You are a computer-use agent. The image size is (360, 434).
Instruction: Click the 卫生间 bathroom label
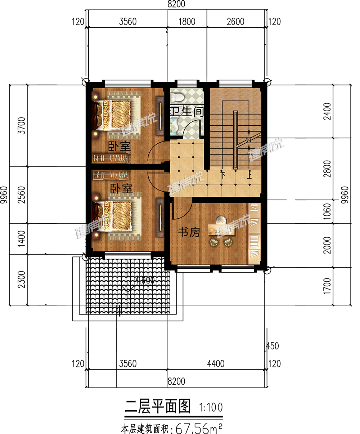pos(186,111)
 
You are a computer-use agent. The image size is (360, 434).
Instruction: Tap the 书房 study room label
pos(189,232)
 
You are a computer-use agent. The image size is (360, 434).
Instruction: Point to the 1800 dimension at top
pos(187,22)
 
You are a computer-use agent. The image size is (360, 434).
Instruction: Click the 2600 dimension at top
pos(235,22)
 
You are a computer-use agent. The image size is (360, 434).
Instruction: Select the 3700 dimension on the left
pos(22,126)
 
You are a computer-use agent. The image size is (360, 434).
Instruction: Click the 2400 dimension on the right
pos(327,111)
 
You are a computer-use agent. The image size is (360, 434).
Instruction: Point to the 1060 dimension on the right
pos(327,212)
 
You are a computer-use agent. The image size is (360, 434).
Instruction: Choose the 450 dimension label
pos(272,346)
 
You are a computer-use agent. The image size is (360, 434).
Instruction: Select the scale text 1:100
pos(211,407)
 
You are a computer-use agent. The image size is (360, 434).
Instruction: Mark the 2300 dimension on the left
pos(22,279)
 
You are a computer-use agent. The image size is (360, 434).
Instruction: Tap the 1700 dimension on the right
pos(327,286)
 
